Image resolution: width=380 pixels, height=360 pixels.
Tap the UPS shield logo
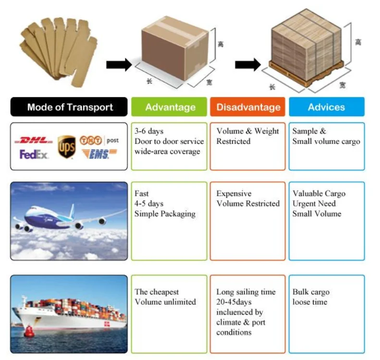(66, 146)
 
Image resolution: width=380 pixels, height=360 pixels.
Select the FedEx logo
(34, 155)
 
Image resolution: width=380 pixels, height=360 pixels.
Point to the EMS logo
(99, 154)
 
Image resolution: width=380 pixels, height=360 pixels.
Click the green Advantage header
(170, 107)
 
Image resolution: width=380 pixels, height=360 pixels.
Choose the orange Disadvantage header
(248, 107)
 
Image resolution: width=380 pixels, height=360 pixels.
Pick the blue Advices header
(326, 107)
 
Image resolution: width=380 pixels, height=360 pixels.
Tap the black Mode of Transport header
(70, 107)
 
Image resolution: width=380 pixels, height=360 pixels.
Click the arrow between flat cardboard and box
(119, 64)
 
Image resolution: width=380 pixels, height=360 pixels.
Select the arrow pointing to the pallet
(247, 64)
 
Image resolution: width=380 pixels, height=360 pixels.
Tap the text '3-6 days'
(149, 132)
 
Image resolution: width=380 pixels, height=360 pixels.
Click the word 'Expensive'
(234, 194)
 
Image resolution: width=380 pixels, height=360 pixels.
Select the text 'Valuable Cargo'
(319, 194)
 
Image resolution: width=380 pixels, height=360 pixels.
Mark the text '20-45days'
(234, 302)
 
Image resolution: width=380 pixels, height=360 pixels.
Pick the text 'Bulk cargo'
(311, 292)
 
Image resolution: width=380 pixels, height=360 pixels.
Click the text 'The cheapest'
(157, 292)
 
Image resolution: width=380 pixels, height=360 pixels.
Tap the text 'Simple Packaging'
(165, 214)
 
